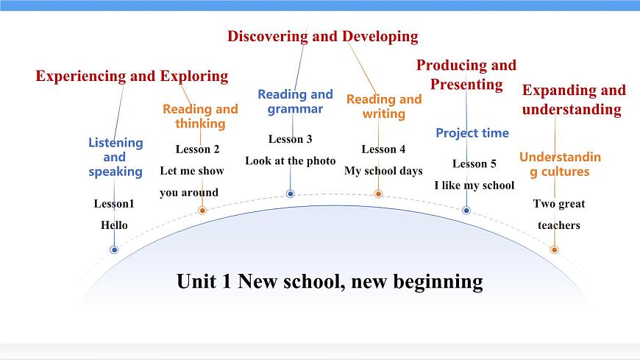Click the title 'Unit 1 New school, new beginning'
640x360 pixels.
[x=330, y=281]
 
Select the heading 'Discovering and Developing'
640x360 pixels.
[x=322, y=36]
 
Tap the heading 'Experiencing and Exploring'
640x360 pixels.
[x=132, y=76]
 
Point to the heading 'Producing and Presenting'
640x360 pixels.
[x=466, y=74]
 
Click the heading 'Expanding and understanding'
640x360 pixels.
[x=573, y=99]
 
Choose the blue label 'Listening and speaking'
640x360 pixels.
[x=115, y=157]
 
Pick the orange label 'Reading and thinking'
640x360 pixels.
[x=200, y=116]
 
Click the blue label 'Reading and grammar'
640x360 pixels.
[x=295, y=102]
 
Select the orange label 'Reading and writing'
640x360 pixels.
[x=384, y=106]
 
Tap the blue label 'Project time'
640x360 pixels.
[x=472, y=133]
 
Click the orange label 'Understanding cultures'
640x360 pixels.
[x=560, y=164]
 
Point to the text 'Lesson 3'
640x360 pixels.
[x=290, y=138]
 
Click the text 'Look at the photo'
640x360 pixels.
[x=290, y=160]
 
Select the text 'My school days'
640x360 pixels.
[x=383, y=171]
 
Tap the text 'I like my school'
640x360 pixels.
[x=474, y=185]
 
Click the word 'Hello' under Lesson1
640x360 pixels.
[x=114, y=225]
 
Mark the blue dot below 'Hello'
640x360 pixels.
[x=114, y=250]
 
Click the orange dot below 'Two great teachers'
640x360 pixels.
[x=554, y=250]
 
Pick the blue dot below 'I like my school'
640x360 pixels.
[x=466, y=210]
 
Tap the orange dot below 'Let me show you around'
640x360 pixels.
[x=202, y=211]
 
